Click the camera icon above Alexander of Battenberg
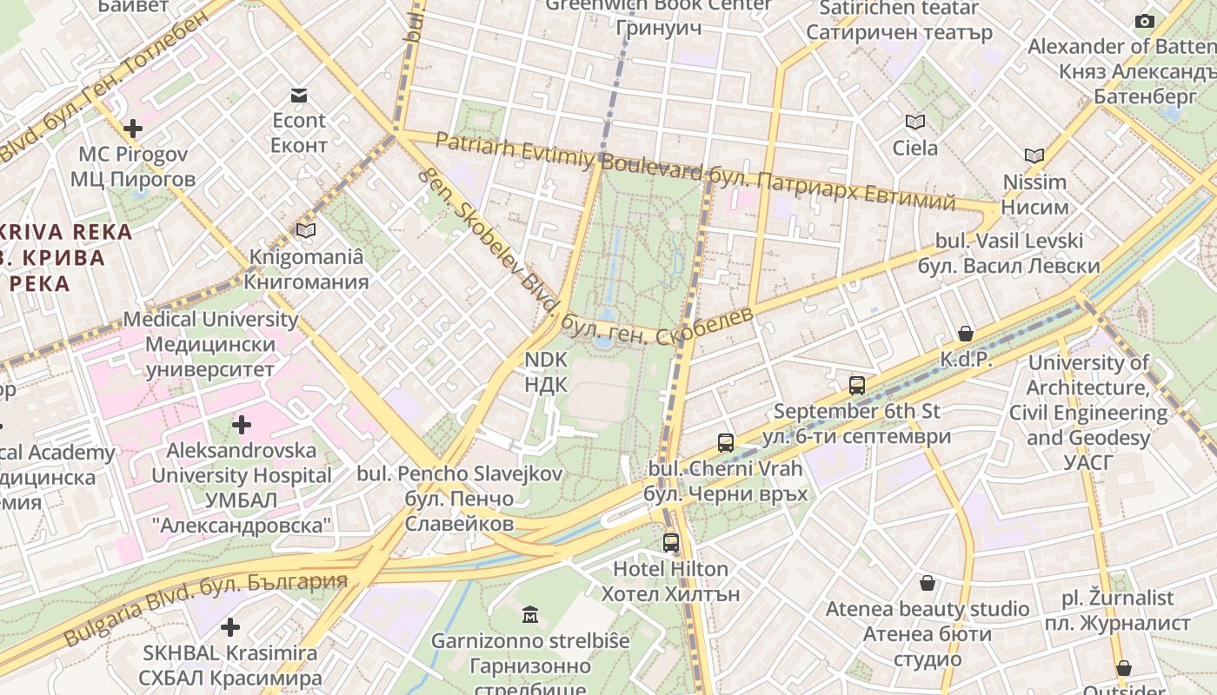tap(1145, 21)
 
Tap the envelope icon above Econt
tap(299, 96)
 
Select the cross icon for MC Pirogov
tap(133, 129)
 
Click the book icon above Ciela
tap(914, 122)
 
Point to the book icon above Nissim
tap(1034, 156)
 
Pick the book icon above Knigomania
tap(306, 230)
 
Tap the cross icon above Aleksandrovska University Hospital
tap(242, 425)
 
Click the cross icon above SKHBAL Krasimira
tap(230, 626)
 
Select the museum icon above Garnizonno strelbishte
tap(530, 616)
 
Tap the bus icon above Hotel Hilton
tap(670, 543)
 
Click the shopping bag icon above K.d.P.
tap(966, 334)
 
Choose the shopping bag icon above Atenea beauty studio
tap(928, 583)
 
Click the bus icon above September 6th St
tap(857, 385)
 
